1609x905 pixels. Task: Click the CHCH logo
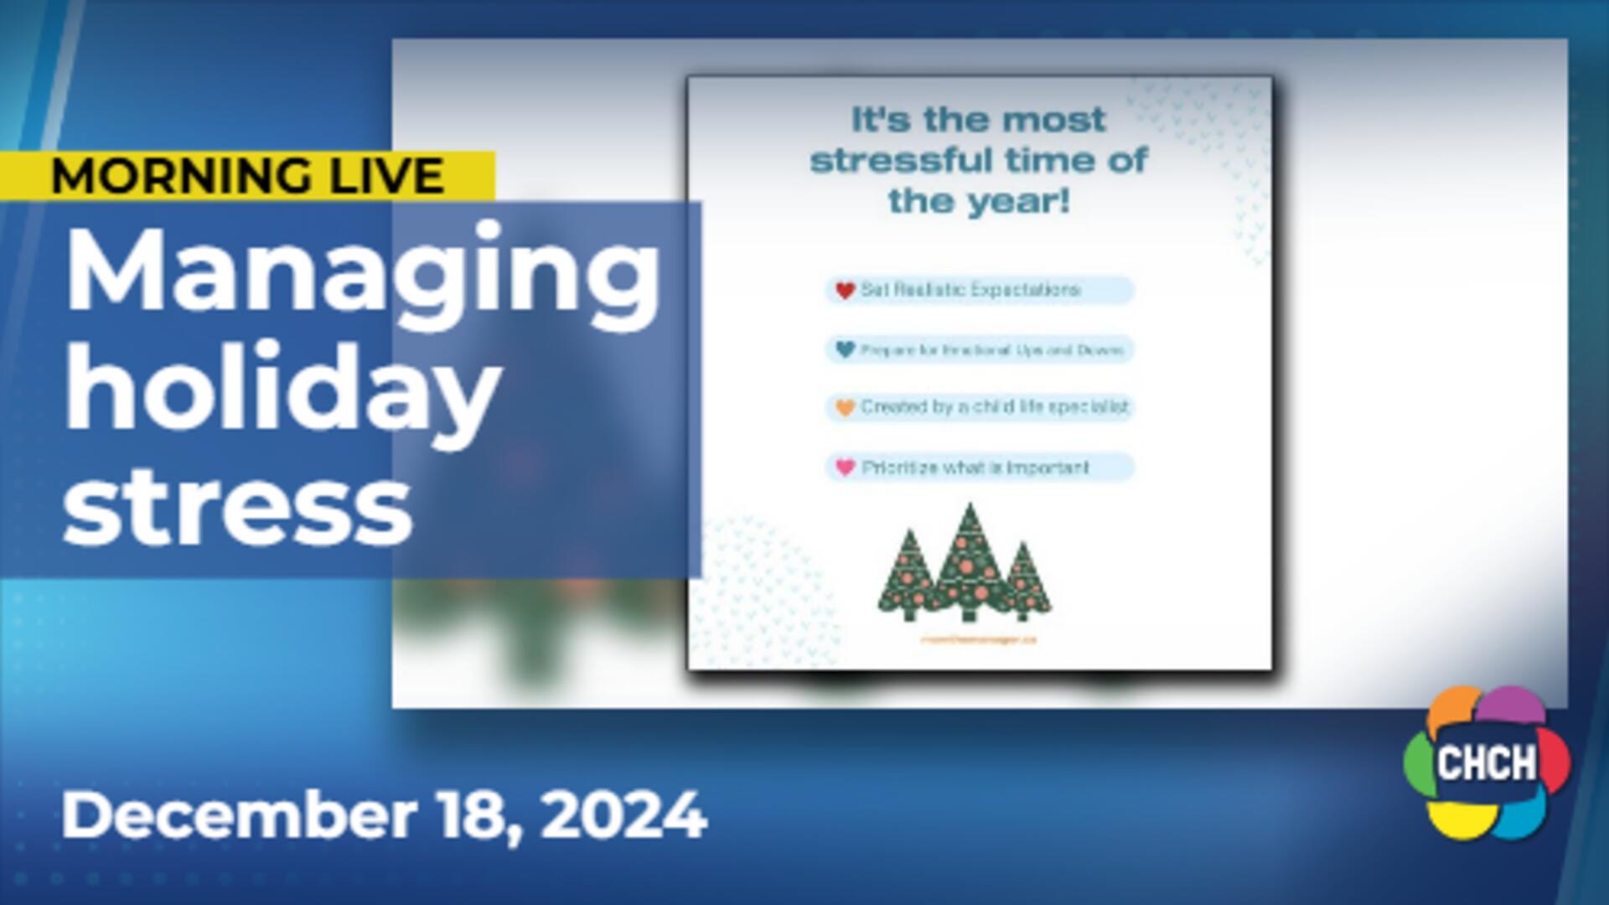[x=1487, y=763]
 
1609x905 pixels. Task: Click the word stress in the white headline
[x=238, y=508]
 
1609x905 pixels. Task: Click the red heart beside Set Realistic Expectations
[x=845, y=291]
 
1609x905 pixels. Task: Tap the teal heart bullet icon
[x=845, y=349]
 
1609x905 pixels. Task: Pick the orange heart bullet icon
[x=845, y=408]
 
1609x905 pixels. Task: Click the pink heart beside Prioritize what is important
[x=845, y=467]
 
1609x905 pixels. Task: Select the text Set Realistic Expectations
[x=970, y=290]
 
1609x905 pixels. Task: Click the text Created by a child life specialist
[x=995, y=407]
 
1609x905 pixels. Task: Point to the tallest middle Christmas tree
[x=970, y=561]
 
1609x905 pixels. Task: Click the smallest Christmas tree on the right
[x=1022, y=582]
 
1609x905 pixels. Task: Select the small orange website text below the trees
[x=978, y=639]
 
